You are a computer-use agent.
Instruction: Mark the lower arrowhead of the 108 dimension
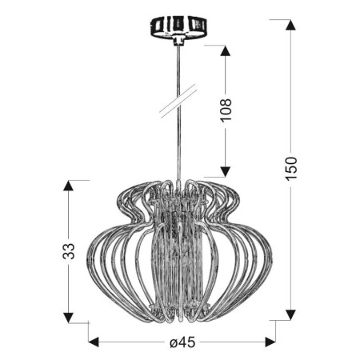tap(226, 170)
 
